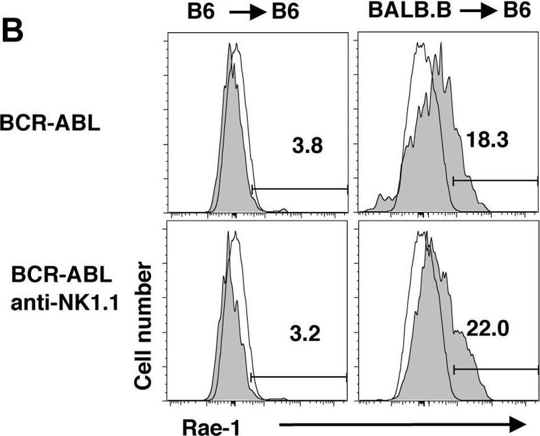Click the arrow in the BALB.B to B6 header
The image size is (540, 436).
pos(472,11)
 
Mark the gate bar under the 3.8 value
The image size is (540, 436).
pos(300,188)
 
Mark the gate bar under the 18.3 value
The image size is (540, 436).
pos(495,181)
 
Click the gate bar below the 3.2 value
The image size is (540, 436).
pos(299,377)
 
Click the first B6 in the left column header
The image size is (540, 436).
pos(205,11)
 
